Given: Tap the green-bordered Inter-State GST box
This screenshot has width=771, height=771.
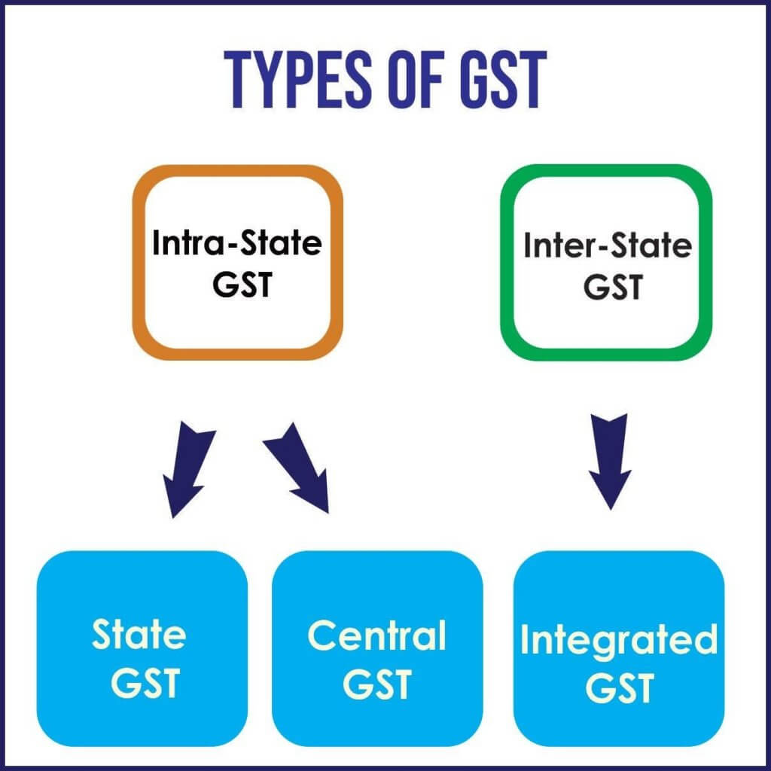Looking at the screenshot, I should tap(606, 263).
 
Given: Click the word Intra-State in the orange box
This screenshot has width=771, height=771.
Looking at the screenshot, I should tap(237, 244).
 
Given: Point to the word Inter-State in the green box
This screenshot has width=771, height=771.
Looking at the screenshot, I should tap(607, 245).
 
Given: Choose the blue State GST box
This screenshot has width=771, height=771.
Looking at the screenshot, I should tap(142, 648).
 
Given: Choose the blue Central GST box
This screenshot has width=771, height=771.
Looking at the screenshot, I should tap(376, 648).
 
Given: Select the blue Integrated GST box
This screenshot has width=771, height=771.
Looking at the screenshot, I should tap(618, 648).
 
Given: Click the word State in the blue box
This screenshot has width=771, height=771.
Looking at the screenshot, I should tap(139, 635).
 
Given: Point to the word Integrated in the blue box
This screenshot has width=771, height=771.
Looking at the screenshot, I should tap(618, 641).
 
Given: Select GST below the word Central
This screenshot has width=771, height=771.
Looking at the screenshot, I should tap(376, 682).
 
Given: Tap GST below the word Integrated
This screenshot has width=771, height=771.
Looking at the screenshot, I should tap(618, 688).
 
